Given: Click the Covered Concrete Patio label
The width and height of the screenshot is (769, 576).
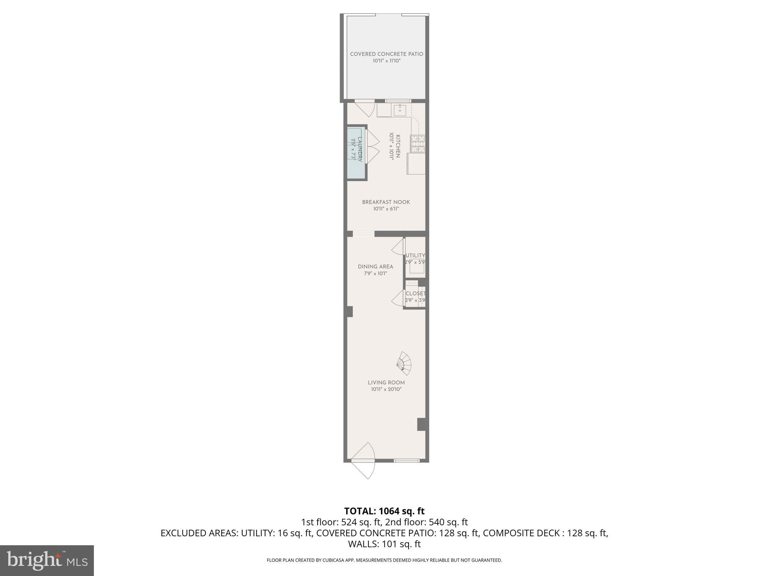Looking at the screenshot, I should [x=386, y=54].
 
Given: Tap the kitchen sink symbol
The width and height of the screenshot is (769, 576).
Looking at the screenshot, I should [x=400, y=111].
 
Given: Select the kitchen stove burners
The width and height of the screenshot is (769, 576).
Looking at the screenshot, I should [x=418, y=144].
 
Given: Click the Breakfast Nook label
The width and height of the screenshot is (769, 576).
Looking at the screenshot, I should [x=386, y=202].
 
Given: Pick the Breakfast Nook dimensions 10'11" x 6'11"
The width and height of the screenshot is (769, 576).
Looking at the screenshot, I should [x=386, y=209].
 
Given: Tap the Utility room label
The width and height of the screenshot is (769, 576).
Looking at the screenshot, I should [x=415, y=255].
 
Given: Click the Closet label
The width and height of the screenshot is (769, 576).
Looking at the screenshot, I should [x=415, y=294].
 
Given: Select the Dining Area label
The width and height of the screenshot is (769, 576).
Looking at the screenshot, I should [x=375, y=267].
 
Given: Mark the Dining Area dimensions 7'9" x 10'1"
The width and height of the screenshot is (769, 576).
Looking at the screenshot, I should [x=375, y=273].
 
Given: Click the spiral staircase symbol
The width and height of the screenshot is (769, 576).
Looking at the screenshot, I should [x=404, y=363].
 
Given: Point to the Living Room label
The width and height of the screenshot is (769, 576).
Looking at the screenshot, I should [x=386, y=383].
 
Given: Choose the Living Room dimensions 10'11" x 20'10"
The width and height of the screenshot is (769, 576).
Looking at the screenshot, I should [x=386, y=390].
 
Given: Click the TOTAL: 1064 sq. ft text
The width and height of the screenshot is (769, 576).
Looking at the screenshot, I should [x=384, y=511].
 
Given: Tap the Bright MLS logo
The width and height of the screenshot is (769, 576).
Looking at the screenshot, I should [x=47, y=560].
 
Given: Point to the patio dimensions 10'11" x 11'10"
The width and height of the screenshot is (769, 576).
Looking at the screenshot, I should [x=386, y=61].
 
